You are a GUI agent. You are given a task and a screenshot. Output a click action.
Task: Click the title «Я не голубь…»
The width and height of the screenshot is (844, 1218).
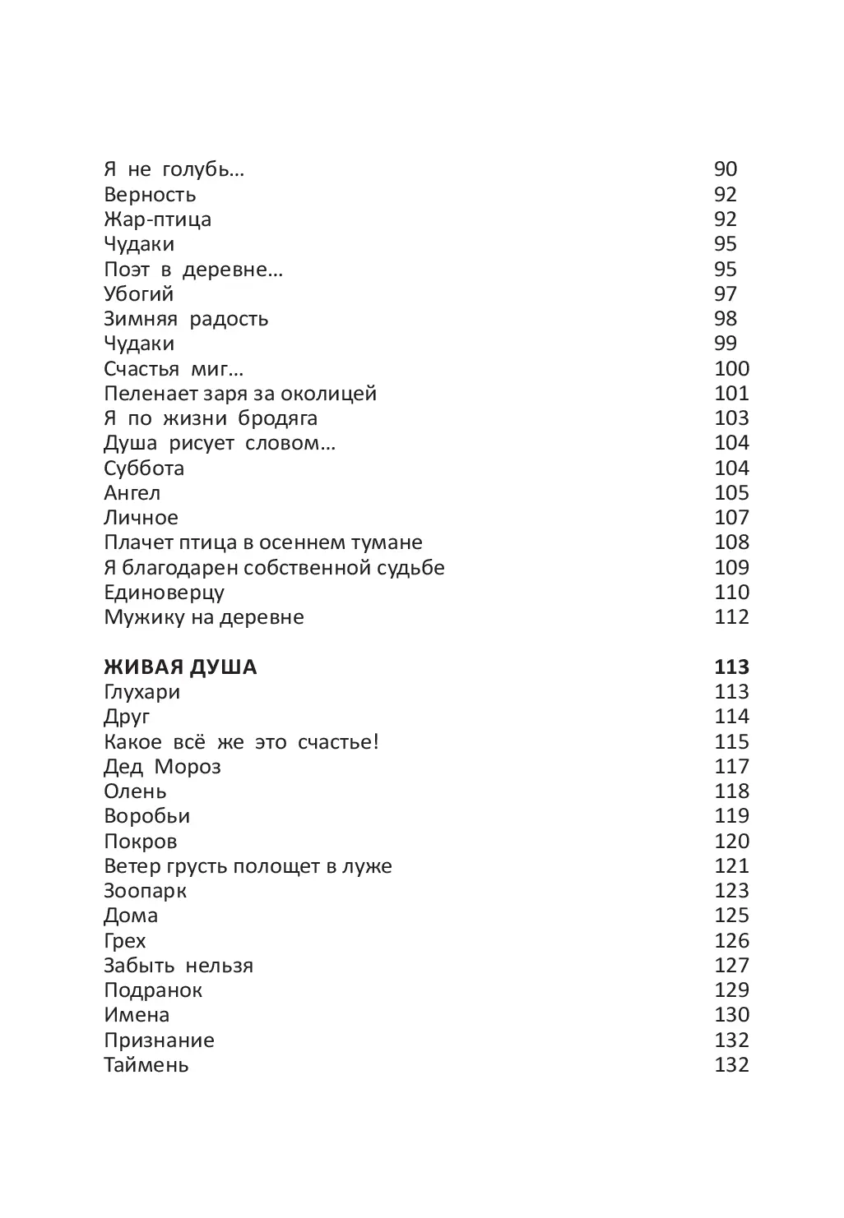tap(174, 170)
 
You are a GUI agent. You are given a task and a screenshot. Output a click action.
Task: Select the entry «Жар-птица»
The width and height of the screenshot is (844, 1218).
tap(157, 219)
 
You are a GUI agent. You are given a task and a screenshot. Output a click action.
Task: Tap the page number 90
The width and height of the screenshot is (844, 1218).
tap(726, 169)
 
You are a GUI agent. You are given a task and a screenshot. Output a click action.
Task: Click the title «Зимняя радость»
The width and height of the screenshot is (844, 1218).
tap(186, 319)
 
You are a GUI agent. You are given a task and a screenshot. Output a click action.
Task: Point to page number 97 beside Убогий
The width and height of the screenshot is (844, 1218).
tap(726, 293)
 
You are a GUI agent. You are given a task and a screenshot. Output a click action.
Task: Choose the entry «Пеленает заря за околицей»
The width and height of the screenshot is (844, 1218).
tap(240, 394)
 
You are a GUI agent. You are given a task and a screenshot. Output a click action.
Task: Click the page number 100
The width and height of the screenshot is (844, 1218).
tap(731, 368)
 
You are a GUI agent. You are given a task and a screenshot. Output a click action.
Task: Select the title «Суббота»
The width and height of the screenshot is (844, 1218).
tap(144, 468)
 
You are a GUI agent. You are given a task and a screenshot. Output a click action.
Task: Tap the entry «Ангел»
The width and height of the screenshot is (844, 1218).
tap(132, 493)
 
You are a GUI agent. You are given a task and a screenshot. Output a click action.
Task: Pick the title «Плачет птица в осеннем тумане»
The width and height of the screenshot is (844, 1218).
tap(263, 542)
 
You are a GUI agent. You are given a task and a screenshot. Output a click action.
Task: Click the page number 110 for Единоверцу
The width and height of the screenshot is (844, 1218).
tap(731, 592)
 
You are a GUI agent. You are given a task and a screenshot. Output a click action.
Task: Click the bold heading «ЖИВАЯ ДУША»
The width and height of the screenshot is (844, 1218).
tap(180, 667)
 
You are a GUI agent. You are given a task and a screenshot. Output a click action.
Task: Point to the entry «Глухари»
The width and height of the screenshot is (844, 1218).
tap(141, 692)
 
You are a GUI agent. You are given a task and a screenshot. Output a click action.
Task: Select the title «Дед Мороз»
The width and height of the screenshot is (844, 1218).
tap(162, 767)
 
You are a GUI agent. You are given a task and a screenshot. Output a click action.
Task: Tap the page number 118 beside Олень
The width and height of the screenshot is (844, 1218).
tap(731, 791)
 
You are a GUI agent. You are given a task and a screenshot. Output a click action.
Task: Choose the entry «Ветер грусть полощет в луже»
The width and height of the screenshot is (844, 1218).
tap(248, 866)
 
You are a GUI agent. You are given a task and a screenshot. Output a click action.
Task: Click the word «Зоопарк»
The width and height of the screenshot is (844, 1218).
tap(145, 891)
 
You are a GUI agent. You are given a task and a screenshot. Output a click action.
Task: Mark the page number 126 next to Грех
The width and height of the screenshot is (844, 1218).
tap(731, 940)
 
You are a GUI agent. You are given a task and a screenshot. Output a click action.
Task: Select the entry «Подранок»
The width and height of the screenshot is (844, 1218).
tap(153, 990)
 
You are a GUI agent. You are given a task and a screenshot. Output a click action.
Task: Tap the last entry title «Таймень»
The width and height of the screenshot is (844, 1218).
tap(146, 1065)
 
